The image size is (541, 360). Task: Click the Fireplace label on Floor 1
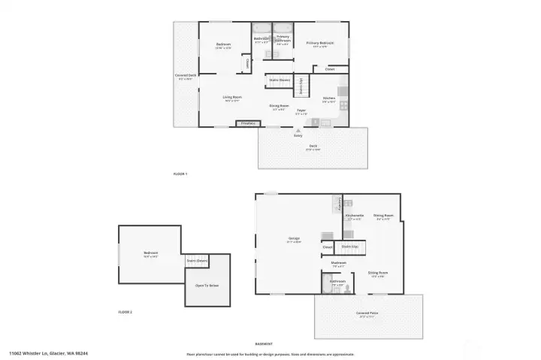pyautogui.click(x=249, y=123)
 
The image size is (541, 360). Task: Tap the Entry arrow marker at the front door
pyautogui.click(x=298, y=129)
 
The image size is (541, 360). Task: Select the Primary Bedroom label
pyautogui.click(x=320, y=44)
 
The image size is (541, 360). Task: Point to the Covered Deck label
pyautogui.click(x=186, y=75)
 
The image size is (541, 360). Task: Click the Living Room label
pyautogui.click(x=231, y=97)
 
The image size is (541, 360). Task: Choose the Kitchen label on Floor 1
pyautogui.click(x=329, y=98)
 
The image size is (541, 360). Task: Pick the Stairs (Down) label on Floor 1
pyautogui.click(x=280, y=80)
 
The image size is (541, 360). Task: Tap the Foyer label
pyautogui.click(x=301, y=110)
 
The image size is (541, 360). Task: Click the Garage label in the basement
pyautogui.click(x=294, y=240)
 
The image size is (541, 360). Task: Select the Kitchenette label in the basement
pyautogui.click(x=355, y=216)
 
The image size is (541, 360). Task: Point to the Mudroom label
pyautogui.click(x=339, y=264)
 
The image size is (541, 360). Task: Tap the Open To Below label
pyautogui.click(x=207, y=286)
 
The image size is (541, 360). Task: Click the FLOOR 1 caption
pyautogui.click(x=180, y=174)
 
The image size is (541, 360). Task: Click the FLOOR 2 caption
pyautogui.click(x=125, y=311)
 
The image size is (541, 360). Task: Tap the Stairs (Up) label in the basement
pyautogui.click(x=349, y=246)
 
